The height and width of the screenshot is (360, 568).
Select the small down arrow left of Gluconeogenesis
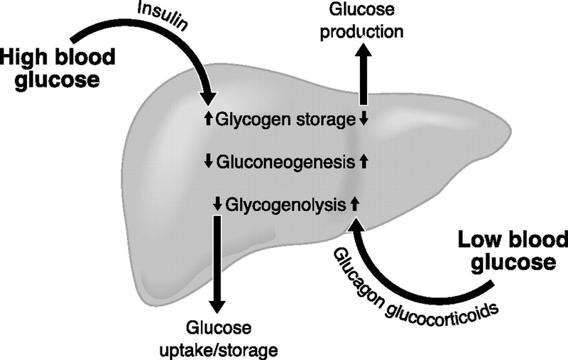coord(208,161)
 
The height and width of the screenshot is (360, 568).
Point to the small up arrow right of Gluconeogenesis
coord(364,161)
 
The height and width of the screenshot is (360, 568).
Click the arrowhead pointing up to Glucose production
coord(367,55)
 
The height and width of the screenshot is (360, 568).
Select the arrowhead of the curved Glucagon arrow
coord(356,225)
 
